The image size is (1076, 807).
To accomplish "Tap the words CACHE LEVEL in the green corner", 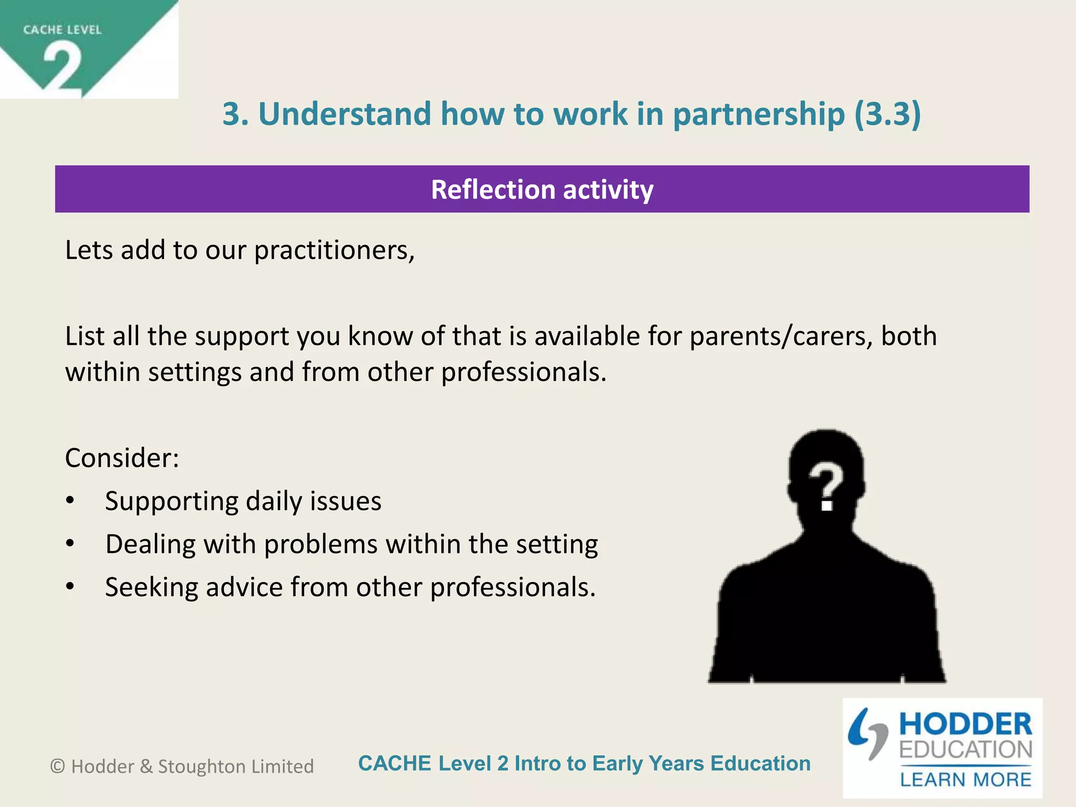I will [62, 30].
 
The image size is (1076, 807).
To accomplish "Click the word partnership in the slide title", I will [759, 115].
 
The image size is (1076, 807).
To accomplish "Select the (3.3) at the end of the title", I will [887, 114].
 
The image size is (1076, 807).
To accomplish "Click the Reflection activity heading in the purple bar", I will [542, 190].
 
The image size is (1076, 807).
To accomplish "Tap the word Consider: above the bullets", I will [122, 458].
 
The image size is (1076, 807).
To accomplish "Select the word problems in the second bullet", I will [320, 544].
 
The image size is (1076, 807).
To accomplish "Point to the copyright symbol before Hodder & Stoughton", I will [57, 767].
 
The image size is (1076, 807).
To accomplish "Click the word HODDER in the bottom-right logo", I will [966, 725].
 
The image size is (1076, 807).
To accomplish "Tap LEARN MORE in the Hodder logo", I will [966, 780].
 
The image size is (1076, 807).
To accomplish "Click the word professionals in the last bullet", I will [512, 587].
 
